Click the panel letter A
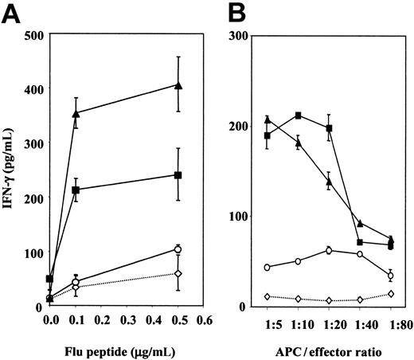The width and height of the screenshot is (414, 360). coord(13,14)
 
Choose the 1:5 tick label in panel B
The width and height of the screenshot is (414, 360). coord(267,325)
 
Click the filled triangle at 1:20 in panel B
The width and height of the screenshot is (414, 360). coord(329,182)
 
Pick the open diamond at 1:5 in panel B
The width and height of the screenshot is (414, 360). coord(267,296)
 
